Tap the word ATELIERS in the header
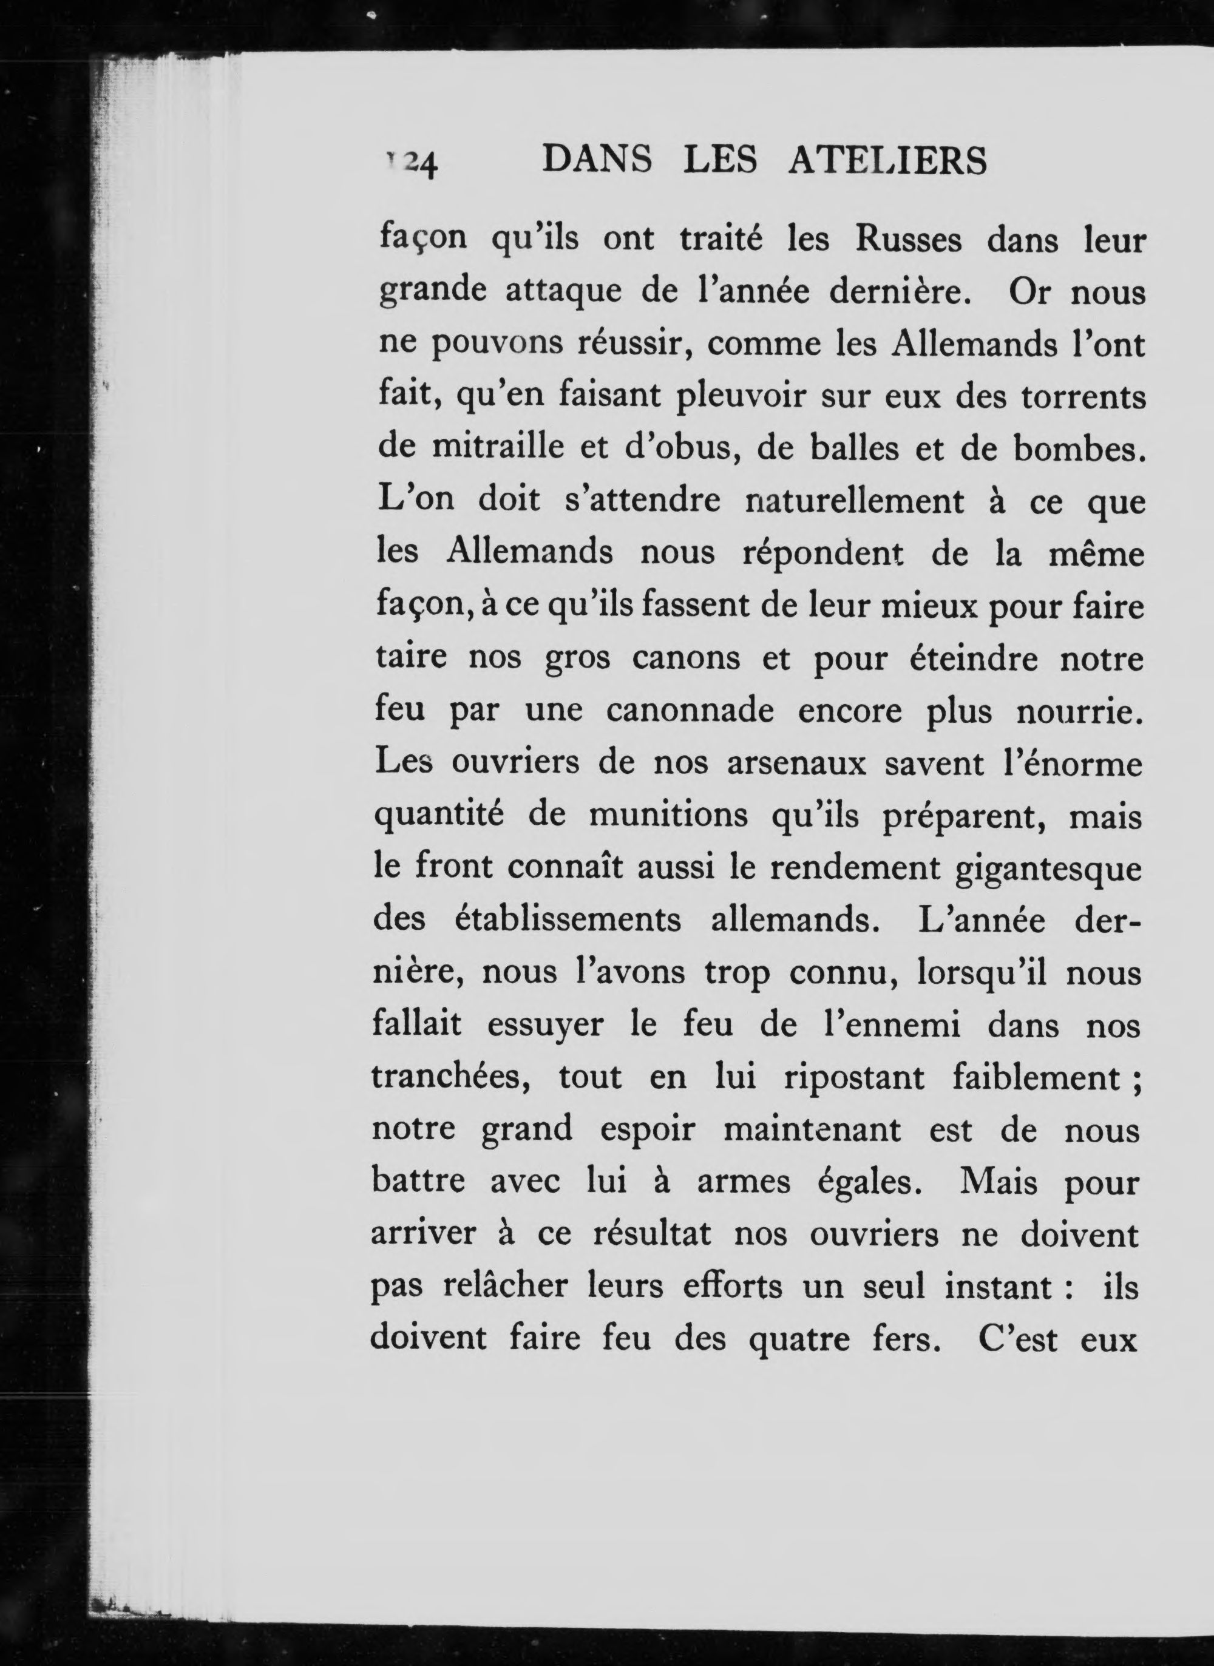coord(887,160)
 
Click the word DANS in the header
coord(597,160)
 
